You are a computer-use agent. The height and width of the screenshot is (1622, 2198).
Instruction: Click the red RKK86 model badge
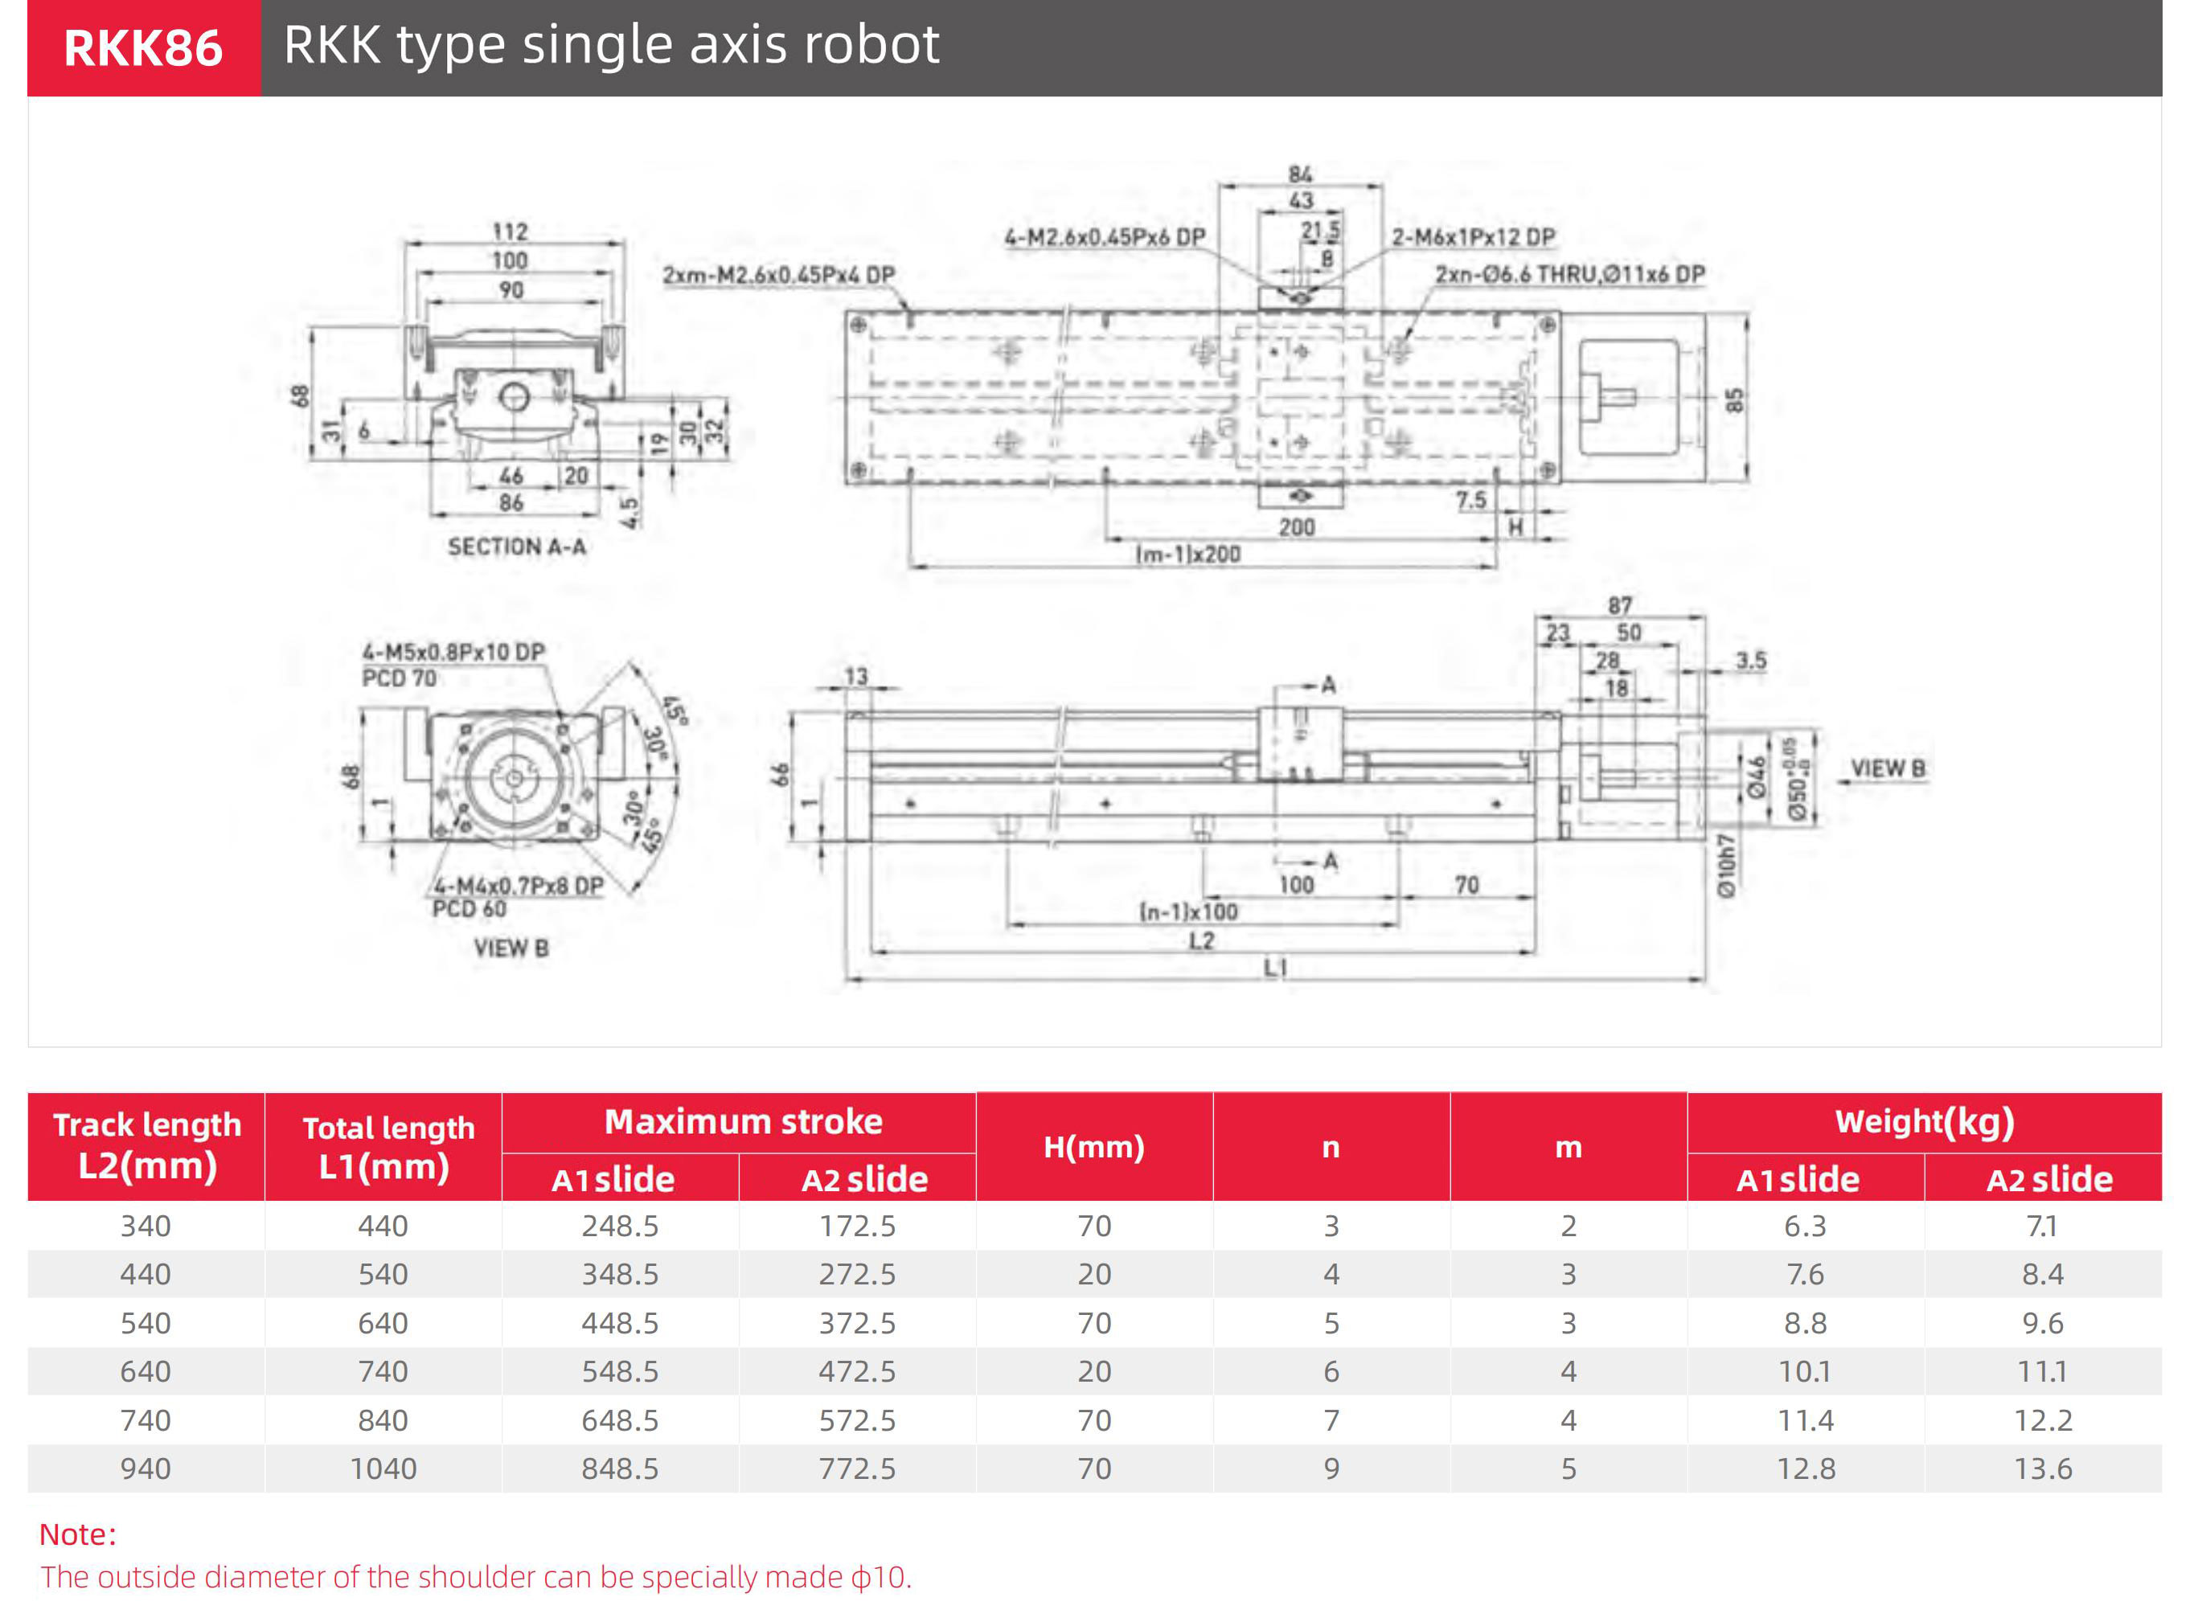(143, 48)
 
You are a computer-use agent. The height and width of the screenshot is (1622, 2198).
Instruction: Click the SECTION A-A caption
(517, 547)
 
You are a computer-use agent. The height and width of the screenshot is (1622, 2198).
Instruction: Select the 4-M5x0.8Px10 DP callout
(453, 652)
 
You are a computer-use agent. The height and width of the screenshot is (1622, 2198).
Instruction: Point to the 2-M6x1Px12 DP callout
(1473, 238)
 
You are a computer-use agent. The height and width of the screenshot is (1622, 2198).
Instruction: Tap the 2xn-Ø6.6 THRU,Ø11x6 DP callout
(1569, 275)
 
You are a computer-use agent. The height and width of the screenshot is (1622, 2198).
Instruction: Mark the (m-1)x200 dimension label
(1188, 555)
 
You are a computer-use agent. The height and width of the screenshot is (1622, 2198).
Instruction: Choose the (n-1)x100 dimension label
(1188, 912)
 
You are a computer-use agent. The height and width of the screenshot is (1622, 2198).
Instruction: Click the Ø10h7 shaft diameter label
(1725, 866)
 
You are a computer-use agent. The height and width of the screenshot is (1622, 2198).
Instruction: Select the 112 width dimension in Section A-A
(510, 231)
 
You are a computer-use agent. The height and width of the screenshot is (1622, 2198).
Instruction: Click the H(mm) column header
(1094, 1147)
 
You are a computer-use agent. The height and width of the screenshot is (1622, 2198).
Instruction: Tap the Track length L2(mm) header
(146, 1146)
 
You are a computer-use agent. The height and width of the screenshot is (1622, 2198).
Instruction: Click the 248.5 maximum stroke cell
(620, 1227)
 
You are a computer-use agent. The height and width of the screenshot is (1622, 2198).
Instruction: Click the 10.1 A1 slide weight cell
(1805, 1372)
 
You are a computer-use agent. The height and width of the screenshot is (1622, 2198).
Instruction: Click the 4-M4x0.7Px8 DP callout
(519, 886)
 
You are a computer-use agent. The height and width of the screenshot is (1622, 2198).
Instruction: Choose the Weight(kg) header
(1924, 1122)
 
